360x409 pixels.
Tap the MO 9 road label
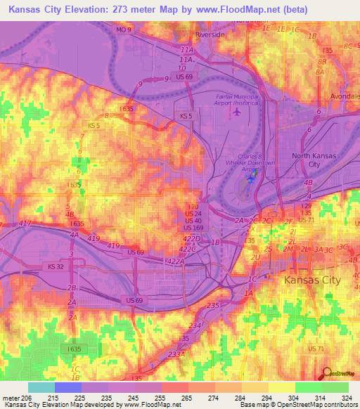pyautogui.click(x=124, y=30)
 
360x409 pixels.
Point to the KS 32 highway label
pyautogui.click(x=56, y=267)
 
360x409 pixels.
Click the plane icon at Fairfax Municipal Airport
pyautogui.click(x=237, y=111)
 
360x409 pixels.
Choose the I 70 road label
pyautogui.click(x=193, y=206)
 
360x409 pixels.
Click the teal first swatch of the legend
pyautogui.click(x=41, y=387)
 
